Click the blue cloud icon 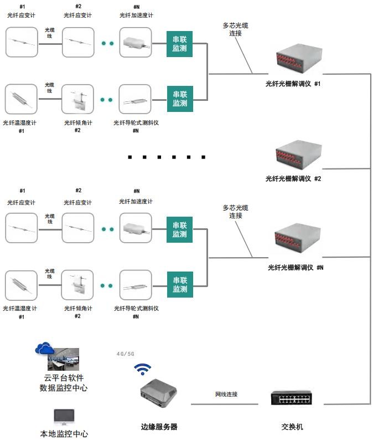coord(44,349)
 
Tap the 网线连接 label coord(226,395)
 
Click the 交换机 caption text coord(292,427)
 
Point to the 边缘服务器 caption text coord(159,427)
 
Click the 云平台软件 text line coord(64,377)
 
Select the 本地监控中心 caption coord(64,434)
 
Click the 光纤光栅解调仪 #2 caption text coord(293,178)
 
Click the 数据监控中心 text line coord(64,388)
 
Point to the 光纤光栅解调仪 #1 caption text coord(293,84)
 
